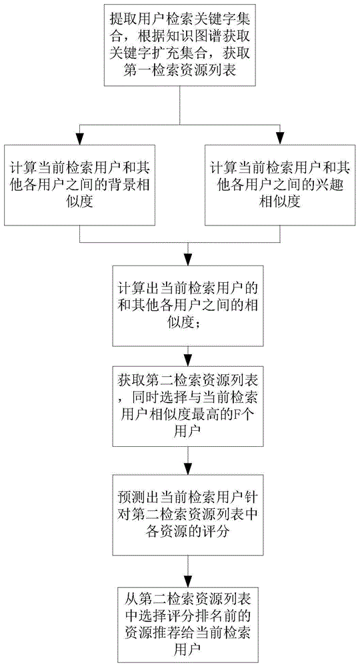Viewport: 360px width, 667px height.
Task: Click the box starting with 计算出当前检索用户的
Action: [187, 305]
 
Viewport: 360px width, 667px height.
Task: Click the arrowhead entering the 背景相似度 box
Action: [79, 140]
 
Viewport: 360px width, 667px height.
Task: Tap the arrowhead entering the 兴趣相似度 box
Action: [280, 140]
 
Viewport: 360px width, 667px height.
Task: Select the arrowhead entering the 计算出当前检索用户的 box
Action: [187, 261]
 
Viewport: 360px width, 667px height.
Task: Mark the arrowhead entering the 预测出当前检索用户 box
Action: [187, 469]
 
